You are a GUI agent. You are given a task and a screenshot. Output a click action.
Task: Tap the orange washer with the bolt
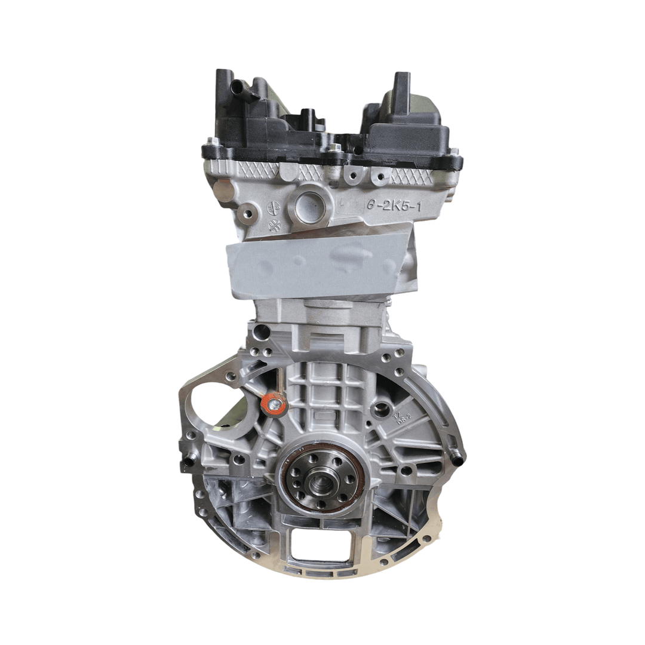[x=274, y=405]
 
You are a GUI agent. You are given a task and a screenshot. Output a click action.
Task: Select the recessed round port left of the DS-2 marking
[x=380, y=410]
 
